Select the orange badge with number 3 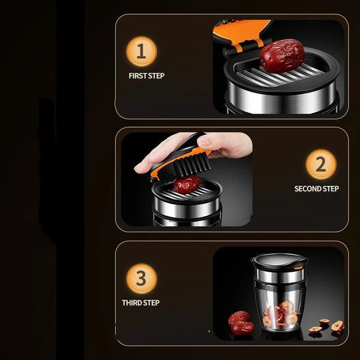click(142, 279)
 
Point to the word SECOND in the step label click(307, 189)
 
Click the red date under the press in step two click(187, 183)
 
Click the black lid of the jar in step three click(279, 260)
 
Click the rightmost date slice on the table click(338, 326)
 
